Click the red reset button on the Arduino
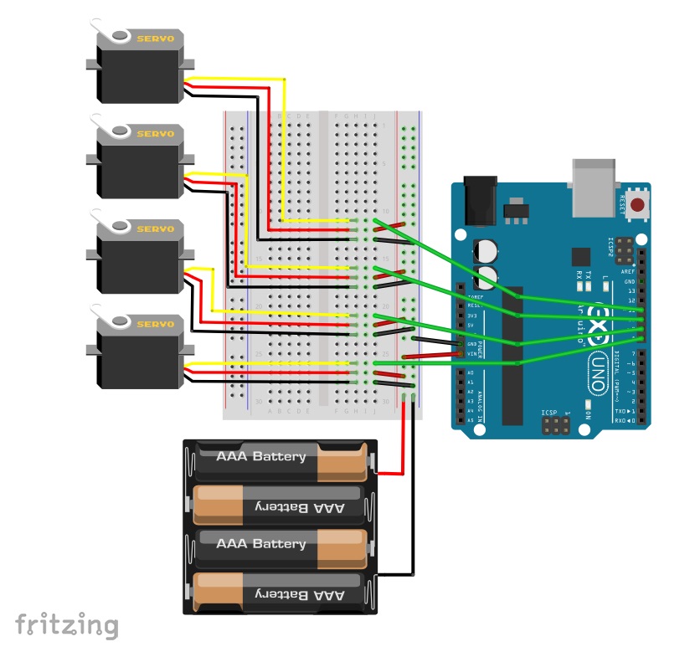(639, 205)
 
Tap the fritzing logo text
(67, 624)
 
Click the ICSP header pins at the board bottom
(553, 428)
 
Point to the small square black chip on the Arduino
(579, 257)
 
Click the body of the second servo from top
(139, 167)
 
